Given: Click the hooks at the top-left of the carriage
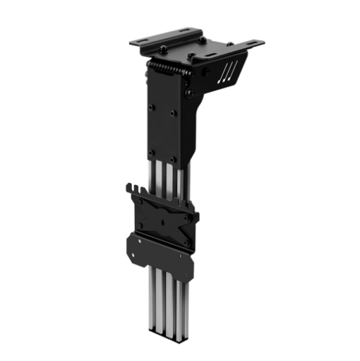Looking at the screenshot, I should click(135, 190).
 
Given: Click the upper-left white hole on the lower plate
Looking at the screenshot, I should click(140, 240).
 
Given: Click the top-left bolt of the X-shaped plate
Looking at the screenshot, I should click(140, 201).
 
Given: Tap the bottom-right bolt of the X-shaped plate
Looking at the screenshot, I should click(186, 242).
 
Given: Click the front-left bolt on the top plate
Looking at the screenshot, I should click(163, 49).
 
